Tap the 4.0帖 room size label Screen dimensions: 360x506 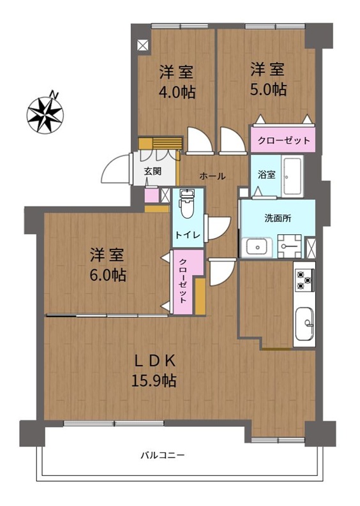tap(177, 93)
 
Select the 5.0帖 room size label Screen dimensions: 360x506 tap(268, 89)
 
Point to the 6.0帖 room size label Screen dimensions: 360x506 tap(108, 275)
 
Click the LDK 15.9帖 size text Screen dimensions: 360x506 tap(154, 381)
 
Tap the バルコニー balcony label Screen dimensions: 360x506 tap(162, 456)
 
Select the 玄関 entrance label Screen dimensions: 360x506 tap(153, 172)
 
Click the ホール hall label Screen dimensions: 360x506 tap(212, 176)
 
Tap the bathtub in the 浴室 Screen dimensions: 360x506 tap(292, 177)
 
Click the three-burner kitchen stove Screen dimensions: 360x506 tap(304, 280)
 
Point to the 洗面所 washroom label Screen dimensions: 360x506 tap(278, 218)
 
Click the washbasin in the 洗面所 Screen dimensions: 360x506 tap(258, 247)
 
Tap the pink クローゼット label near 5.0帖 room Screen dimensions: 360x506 tap(284, 140)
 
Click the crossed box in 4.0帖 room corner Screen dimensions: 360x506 tap(142, 45)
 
